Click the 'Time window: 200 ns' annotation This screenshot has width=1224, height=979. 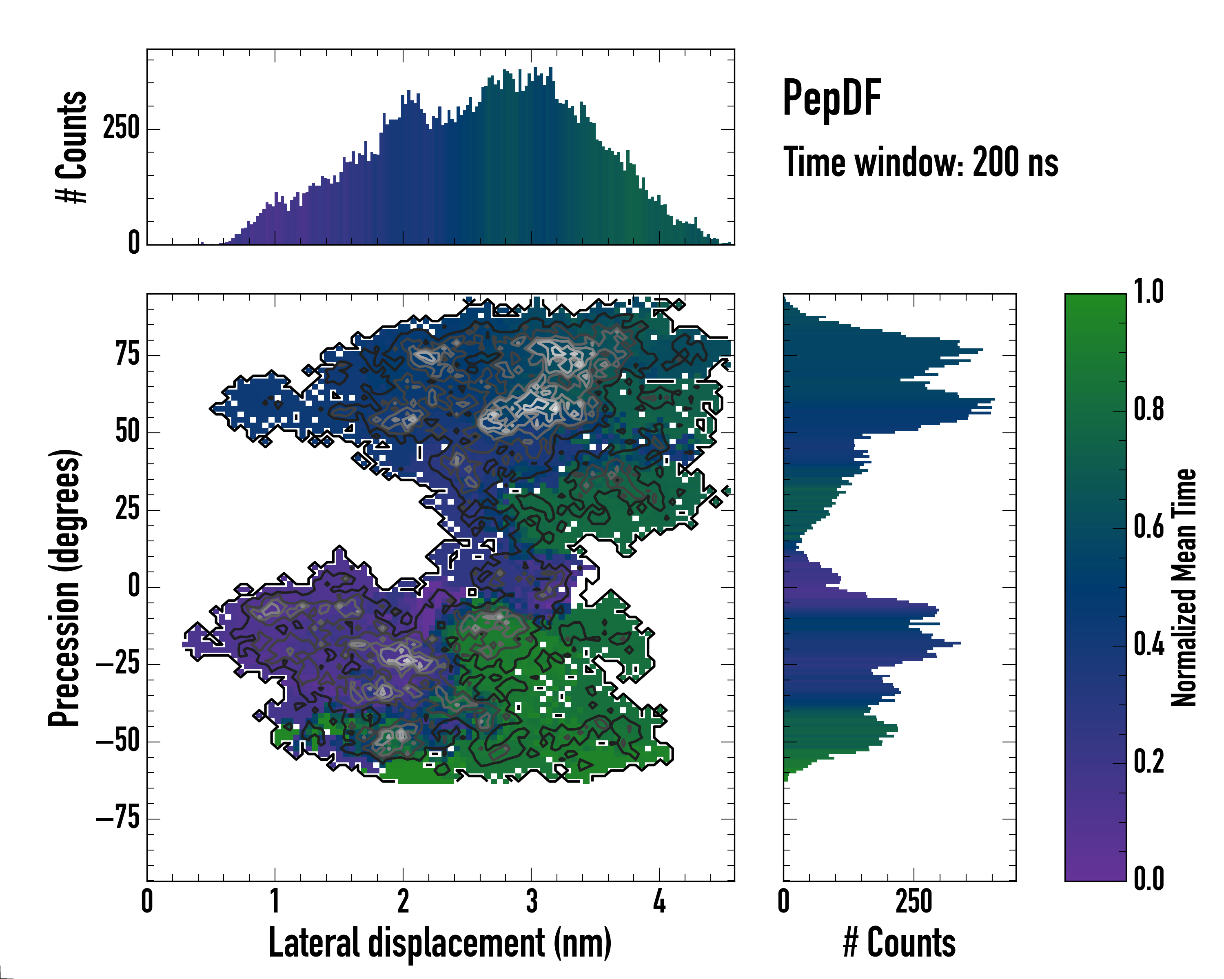click(920, 162)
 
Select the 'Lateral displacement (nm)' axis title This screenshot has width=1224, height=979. click(440, 943)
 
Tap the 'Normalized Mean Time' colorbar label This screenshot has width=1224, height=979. click(1183, 587)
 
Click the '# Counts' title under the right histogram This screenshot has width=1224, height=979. click(899, 943)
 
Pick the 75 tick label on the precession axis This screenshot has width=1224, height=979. click(127, 355)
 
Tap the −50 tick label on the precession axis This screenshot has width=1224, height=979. click(118, 741)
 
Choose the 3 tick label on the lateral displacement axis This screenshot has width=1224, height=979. click(531, 901)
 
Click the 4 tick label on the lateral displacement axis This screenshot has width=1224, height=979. click(659, 901)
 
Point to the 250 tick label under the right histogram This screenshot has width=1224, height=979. click(914, 901)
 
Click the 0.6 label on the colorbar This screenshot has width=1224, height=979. click(1149, 527)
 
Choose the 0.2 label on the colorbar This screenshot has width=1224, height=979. click(1149, 762)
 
